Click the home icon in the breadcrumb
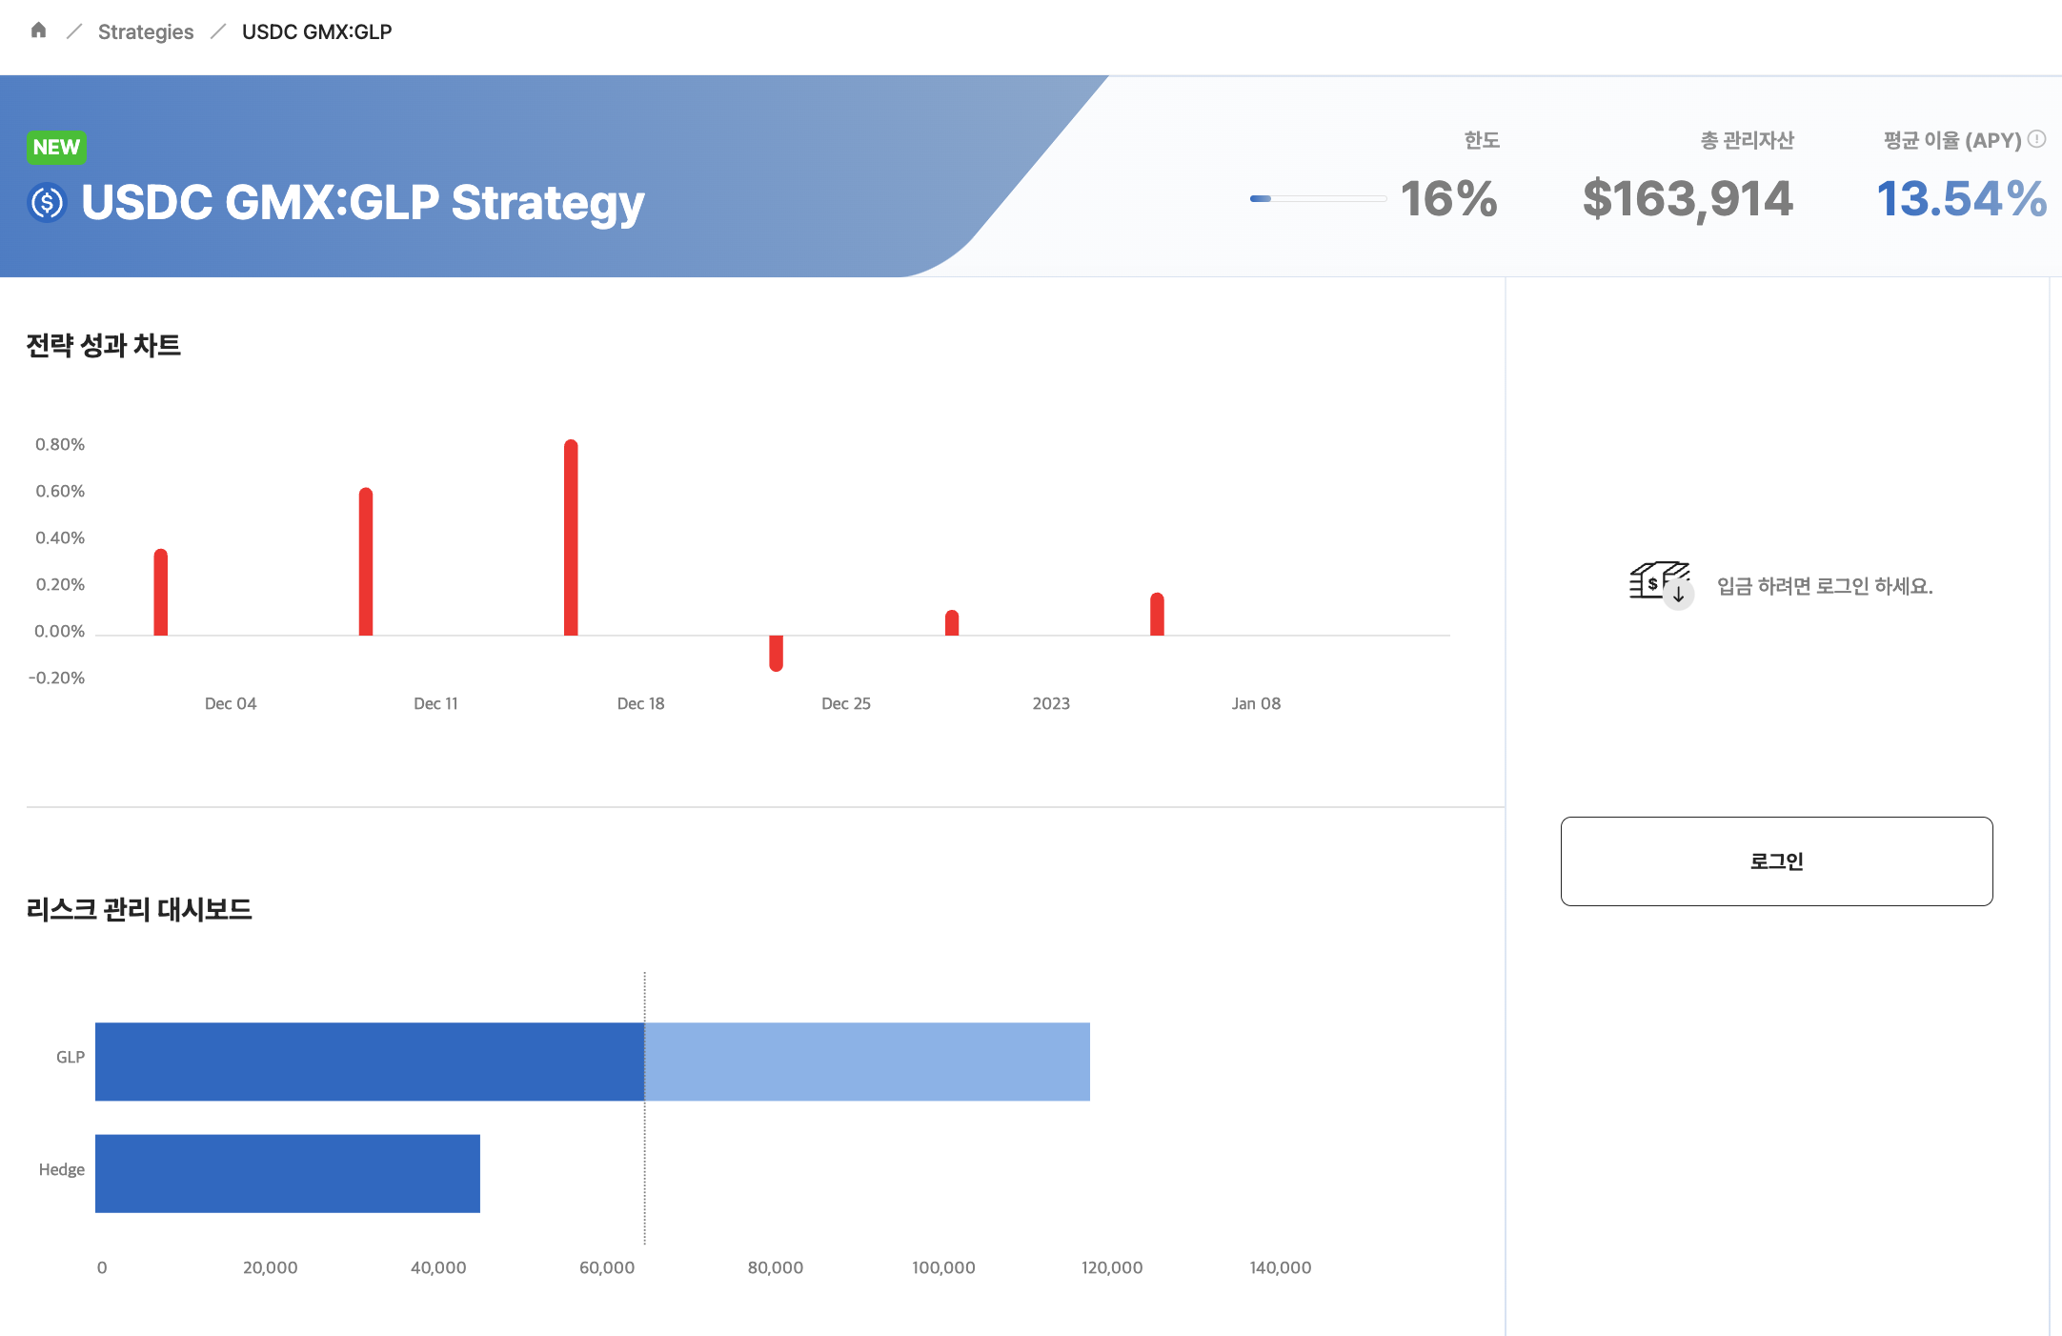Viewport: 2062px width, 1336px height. [38, 30]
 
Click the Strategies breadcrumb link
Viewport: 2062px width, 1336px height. [146, 31]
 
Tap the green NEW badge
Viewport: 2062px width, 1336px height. [56, 147]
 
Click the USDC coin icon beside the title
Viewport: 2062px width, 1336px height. [47, 202]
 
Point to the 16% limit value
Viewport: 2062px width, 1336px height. [1448, 199]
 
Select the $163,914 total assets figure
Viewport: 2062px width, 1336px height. [1688, 199]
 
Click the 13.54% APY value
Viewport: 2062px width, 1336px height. [1961, 199]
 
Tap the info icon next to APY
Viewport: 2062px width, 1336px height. [2036, 139]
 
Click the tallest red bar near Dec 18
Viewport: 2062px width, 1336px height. [571, 537]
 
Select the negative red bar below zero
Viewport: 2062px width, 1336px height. [776, 653]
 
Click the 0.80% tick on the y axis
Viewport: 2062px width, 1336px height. [60, 444]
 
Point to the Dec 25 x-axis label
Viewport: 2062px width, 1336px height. [846, 703]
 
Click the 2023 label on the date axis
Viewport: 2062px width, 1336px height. [1051, 703]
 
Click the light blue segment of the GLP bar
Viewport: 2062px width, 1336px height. [867, 1062]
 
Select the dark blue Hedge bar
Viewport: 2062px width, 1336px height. [288, 1173]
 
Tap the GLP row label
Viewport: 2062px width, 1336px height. [71, 1057]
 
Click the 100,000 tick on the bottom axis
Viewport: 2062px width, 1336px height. [943, 1267]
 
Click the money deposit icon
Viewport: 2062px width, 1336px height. [1661, 583]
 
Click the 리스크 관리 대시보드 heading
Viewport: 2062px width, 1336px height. [139, 909]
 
